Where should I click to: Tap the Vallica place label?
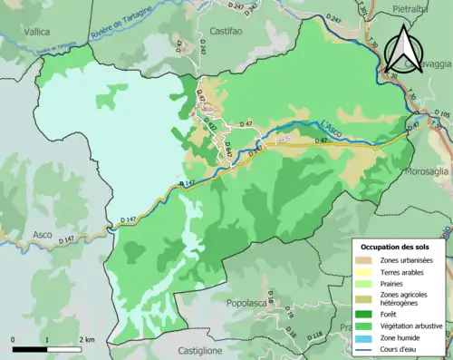[37, 31]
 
